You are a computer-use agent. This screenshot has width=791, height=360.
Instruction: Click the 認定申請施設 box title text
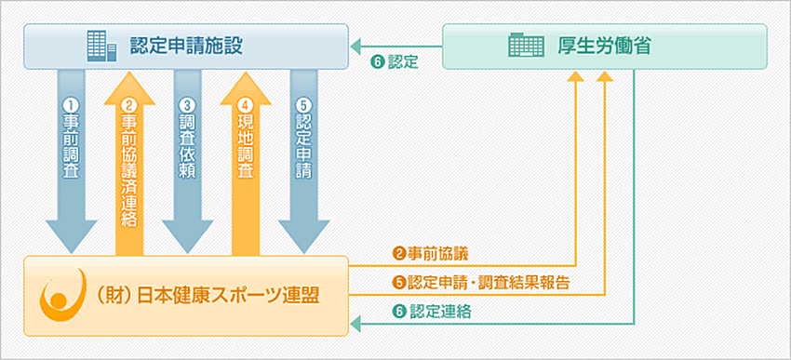(x=187, y=45)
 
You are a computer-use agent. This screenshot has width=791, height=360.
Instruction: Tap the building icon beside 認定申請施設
(x=100, y=45)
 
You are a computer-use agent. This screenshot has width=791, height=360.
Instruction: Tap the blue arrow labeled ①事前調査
(x=71, y=158)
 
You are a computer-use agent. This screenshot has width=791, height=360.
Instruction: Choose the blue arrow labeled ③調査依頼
(x=187, y=158)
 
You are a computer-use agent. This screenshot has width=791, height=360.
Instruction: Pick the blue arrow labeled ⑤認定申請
(x=303, y=158)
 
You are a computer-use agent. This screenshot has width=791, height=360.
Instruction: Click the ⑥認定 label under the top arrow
(x=395, y=63)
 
